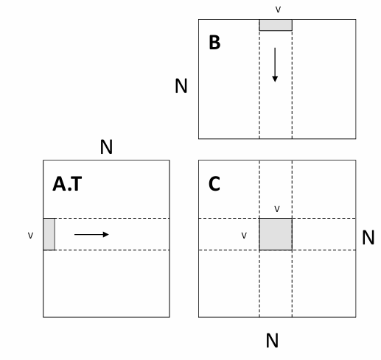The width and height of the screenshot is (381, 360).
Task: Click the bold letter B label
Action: point(214,43)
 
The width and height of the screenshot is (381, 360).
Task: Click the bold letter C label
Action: point(214,183)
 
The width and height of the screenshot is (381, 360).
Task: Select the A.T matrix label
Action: point(67,184)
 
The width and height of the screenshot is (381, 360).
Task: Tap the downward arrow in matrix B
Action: point(275,65)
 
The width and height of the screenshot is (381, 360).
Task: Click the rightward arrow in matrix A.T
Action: point(91,234)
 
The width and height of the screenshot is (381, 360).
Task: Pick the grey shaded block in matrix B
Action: point(276,25)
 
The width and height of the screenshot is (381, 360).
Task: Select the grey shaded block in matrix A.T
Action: point(49,234)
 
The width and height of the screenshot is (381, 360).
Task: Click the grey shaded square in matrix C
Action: point(276,234)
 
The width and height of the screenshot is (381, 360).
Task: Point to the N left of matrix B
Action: point(181,86)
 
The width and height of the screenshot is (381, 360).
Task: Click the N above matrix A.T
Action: point(106,147)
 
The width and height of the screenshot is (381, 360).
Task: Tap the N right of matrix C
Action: point(368,237)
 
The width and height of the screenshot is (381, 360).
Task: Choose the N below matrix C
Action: point(272,340)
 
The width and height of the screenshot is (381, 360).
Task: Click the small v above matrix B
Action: point(278,10)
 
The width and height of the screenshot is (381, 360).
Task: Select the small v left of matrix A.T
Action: point(30,236)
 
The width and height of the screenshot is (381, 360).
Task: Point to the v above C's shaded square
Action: point(277,209)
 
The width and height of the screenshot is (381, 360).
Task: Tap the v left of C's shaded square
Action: point(244,236)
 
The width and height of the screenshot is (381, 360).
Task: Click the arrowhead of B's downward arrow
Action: point(275,79)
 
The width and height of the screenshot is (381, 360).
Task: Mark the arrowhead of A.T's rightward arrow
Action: point(106,234)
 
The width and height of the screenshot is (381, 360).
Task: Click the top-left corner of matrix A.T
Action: point(43,160)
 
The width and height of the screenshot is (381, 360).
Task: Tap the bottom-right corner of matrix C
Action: point(356,317)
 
